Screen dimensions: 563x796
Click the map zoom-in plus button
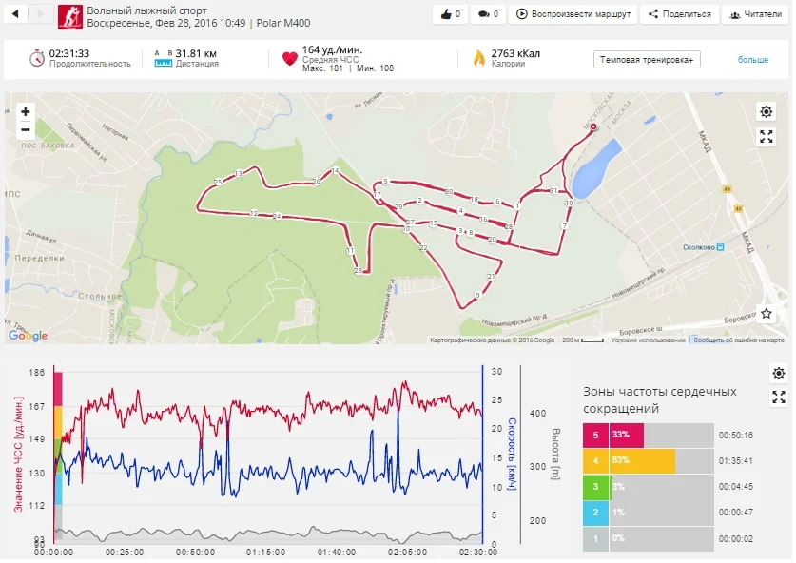tap(26, 112)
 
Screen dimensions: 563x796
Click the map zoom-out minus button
tap(26, 130)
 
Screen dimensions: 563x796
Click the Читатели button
tap(751, 14)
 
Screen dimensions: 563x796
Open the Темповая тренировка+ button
tap(647, 59)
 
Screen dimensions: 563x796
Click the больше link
tap(752, 60)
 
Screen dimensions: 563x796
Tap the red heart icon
tap(290, 59)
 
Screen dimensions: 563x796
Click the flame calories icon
tap(479, 59)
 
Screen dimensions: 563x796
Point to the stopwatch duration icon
tap(37, 58)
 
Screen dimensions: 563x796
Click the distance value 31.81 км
tap(196, 53)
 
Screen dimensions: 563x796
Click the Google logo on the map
tap(28, 335)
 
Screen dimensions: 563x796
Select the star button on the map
tap(767, 313)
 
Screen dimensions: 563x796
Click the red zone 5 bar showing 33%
tap(627, 436)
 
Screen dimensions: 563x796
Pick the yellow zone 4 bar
tap(643, 461)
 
